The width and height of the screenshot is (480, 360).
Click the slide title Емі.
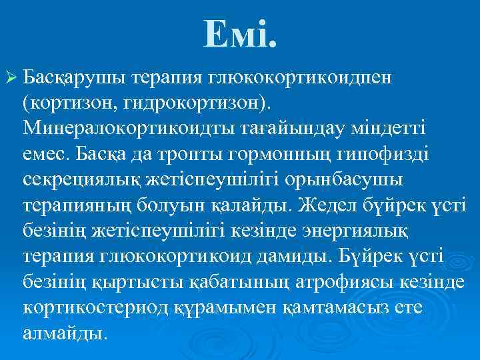pyautogui.click(x=240, y=33)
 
